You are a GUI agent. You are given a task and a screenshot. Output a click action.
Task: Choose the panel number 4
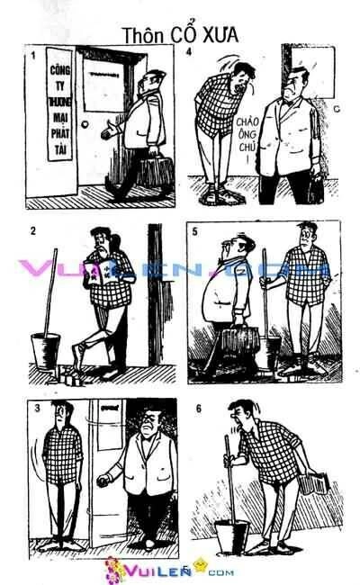pyautogui.click(x=188, y=52)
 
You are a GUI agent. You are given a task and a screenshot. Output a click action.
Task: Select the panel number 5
pyautogui.click(x=196, y=231)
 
